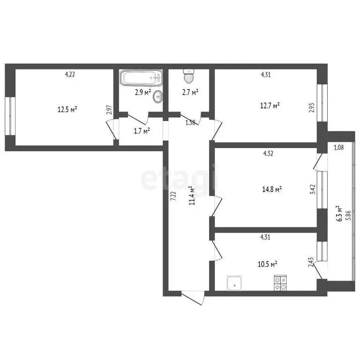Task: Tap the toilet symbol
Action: click(x=189, y=76)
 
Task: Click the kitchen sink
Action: click(x=233, y=283)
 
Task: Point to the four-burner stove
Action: click(x=281, y=283)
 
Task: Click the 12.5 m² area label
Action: click(x=67, y=110)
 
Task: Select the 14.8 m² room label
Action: click(x=272, y=189)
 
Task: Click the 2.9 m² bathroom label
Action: click(x=143, y=92)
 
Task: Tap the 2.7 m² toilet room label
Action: click(x=190, y=92)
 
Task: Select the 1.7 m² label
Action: click(x=142, y=131)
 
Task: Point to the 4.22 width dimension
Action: click(x=69, y=74)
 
